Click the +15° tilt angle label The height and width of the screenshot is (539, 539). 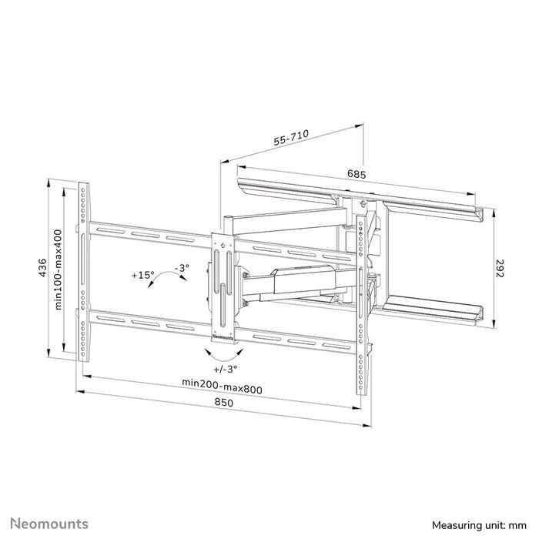142,274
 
